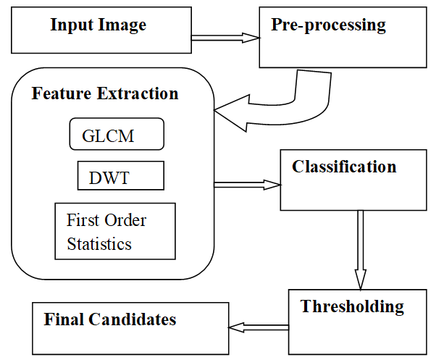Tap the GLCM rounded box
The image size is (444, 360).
coord(117,135)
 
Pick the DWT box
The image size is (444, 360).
coord(120,176)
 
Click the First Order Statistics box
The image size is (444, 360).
coord(115,231)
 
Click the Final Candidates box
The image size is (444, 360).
coord(130,328)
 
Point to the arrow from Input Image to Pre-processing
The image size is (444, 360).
coord(224,37)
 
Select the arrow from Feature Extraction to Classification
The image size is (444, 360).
coord(246,185)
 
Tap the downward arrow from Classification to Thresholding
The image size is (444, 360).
coord(360,250)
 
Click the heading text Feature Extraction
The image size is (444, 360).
coord(105,94)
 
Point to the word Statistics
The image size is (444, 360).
coord(99,244)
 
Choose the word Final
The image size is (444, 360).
coord(64,319)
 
